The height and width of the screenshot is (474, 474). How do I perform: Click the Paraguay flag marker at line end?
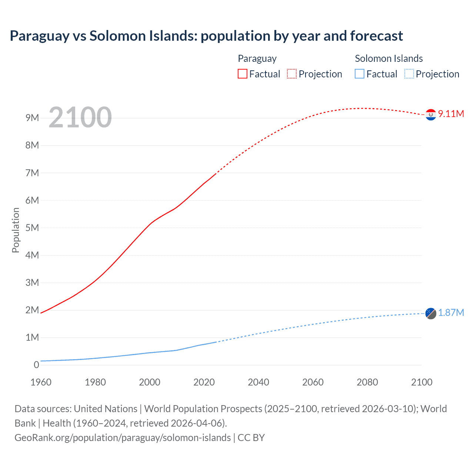point(431,115)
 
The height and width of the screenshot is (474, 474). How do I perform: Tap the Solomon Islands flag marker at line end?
point(431,313)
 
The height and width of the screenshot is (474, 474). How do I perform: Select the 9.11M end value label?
point(451,114)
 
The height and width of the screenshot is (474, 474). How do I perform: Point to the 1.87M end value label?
point(451,313)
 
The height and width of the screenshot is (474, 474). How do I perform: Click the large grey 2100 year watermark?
point(80,117)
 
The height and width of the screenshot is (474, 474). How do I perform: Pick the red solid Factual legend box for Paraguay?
point(243,74)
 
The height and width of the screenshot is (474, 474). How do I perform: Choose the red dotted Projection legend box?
point(292,74)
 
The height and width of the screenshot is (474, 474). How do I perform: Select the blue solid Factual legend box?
point(360,74)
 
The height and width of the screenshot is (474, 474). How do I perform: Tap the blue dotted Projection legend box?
point(409,74)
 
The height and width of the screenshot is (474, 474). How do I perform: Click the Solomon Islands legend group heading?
point(388,59)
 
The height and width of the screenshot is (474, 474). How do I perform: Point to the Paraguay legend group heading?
point(257,59)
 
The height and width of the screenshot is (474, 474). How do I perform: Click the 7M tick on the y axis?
point(32,173)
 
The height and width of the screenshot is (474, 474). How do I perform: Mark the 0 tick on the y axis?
point(36,365)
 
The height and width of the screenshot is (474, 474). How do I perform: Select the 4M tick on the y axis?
point(32,255)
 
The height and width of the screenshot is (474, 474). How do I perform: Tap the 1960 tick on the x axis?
point(41,382)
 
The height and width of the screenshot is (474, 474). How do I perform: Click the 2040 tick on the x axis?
point(258,382)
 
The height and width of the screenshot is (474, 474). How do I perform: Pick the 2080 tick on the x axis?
point(367,382)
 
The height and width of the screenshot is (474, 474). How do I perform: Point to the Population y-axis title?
point(16,230)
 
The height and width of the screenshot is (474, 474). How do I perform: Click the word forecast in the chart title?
point(376,36)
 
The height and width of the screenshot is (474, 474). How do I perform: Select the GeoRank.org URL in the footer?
point(123,438)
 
